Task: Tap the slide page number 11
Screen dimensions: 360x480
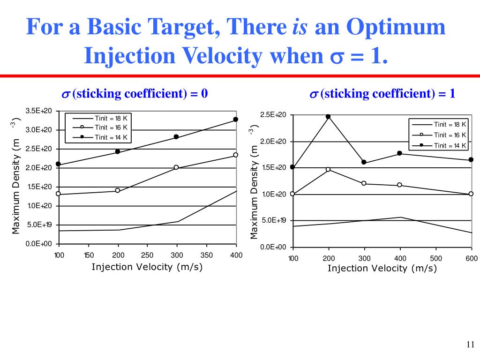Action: (x=471, y=345)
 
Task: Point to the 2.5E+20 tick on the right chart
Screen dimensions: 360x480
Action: (x=273, y=115)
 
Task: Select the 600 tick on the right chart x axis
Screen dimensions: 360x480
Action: (x=472, y=258)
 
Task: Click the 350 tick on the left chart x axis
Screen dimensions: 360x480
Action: (x=206, y=255)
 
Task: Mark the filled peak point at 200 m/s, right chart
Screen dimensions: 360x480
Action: (x=328, y=117)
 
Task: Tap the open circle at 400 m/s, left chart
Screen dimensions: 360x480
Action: (x=236, y=155)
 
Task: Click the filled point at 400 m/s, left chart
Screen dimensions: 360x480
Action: (x=236, y=120)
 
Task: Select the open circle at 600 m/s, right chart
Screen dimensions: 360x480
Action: (x=471, y=194)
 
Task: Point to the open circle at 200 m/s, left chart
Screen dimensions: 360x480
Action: (x=118, y=190)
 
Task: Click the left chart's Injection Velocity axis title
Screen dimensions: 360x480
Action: (x=147, y=267)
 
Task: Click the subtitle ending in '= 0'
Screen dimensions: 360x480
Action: (x=135, y=94)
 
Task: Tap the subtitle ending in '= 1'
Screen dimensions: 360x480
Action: (x=382, y=94)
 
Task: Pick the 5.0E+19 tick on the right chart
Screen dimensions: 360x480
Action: (x=273, y=220)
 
